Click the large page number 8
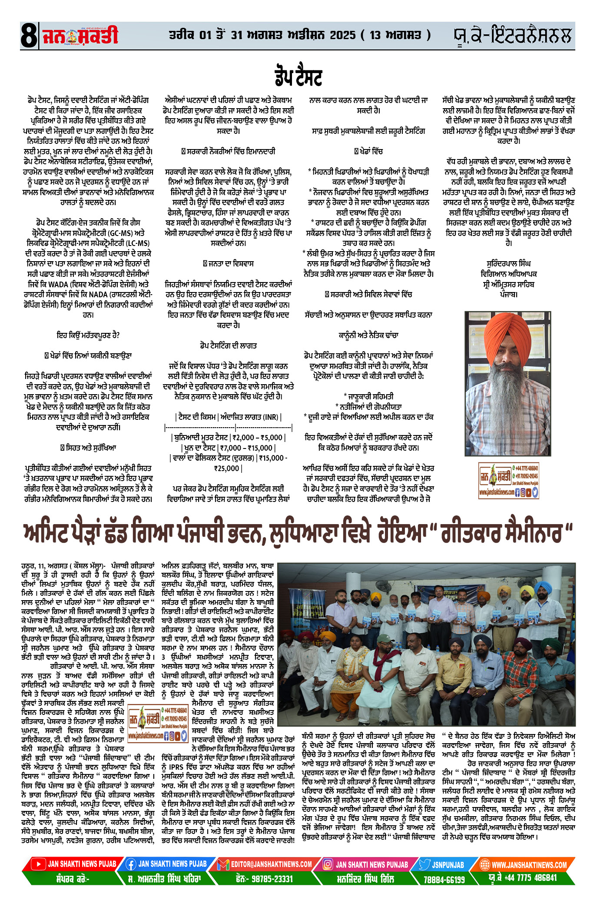pyautogui.click(x=29, y=36)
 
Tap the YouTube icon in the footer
pyautogui.click(x=38, y=864)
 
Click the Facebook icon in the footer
pyautogui.click(x=131, y=864)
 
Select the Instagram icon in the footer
pyautogui.click(x=328, y=864)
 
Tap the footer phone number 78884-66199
pyautogui.click(x=444, y=879)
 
